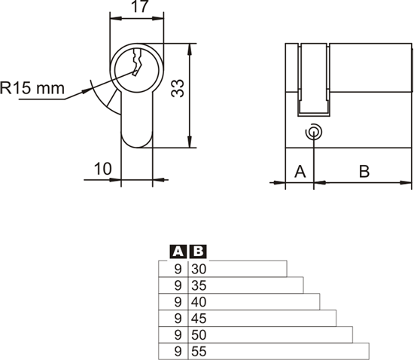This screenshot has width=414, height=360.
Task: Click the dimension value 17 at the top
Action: pos(136,8)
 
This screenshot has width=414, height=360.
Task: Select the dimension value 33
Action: pos(178,89)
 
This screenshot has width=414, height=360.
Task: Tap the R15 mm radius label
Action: pos(32,88)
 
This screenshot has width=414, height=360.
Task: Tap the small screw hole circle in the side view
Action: pos(313,133)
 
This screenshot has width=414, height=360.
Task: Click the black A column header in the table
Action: pos(178,252)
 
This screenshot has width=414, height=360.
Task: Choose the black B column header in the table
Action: pos(197,252)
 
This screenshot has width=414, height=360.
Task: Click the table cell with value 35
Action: pos(199,285)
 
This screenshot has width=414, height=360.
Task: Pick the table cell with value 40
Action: pos(199,302)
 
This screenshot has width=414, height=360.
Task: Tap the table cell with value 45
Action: pos(199,318)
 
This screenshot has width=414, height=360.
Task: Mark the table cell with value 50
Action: pos(199,334)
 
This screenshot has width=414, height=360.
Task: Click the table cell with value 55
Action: pos(199,351)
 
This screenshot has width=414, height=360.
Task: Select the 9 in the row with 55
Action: pos(178,351)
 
